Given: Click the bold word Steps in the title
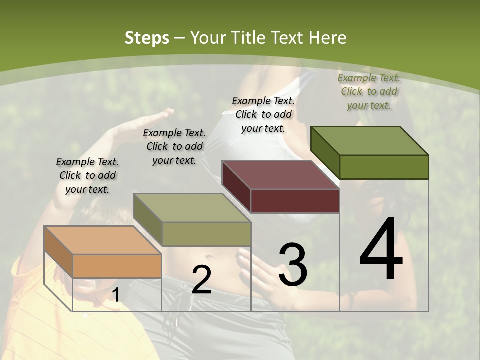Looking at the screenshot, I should [x=147, y=38].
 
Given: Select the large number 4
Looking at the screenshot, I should [x=381, y=250].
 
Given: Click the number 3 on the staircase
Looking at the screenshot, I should [x=293, y=265].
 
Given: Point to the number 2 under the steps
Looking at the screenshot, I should [x=201, y=280].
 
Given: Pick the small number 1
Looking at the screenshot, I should [x=115, y=295].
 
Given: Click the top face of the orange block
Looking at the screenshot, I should [x=103, y=240].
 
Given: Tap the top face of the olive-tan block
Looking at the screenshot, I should [x=192, y=208].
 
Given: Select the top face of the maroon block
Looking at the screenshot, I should [x=280, y=175].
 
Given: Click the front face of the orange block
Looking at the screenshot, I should [x=117, y=266].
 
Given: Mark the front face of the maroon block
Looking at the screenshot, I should [x=295, y=201].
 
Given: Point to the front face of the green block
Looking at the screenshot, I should [x=384, y=167].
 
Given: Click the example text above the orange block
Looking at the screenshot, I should [x=87, y=175].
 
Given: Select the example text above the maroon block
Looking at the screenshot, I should [x=264, y=114].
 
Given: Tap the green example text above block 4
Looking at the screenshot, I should [x=369, y=91].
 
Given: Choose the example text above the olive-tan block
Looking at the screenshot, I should [x=174, y=146].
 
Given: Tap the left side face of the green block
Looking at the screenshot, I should [x=325, y=152].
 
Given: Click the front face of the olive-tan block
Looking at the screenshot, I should [x=206, y=234].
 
